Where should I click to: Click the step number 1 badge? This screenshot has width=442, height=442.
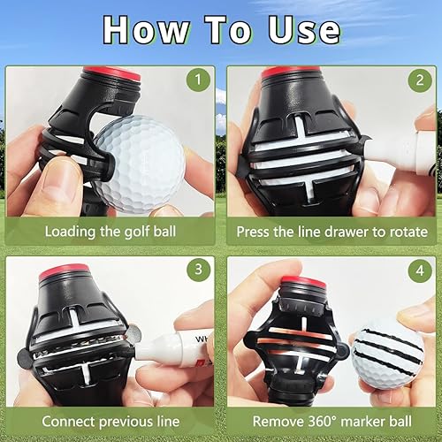[198, 81]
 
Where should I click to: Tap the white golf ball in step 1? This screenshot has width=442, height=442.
[140, 164]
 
